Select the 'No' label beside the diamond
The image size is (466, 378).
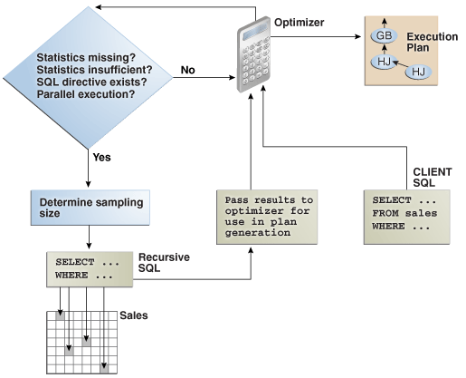[x=188, y=69]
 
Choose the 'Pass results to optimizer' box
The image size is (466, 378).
[x=255, y=215]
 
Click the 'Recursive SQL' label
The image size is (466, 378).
[x=162, y=264]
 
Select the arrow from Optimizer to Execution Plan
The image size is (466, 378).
[x=321, y=53]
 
